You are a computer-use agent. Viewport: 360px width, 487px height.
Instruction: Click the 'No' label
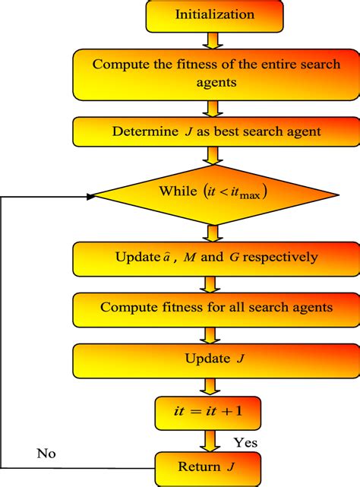tap(47, 454)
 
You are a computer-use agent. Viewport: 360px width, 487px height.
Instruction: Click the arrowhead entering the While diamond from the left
tap(91, 196)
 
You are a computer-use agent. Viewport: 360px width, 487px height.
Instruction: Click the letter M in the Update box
tap(185, 258)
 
